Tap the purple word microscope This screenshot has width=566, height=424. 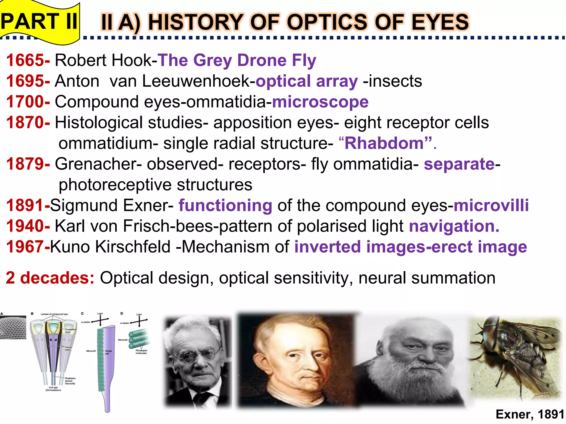tap(320, 102)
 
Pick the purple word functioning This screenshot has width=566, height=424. tap(225, 205)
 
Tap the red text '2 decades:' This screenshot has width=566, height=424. tap(50, 278)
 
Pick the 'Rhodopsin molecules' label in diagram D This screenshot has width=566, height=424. tap(141, 352)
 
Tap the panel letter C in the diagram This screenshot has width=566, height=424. tap(82, 314)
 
